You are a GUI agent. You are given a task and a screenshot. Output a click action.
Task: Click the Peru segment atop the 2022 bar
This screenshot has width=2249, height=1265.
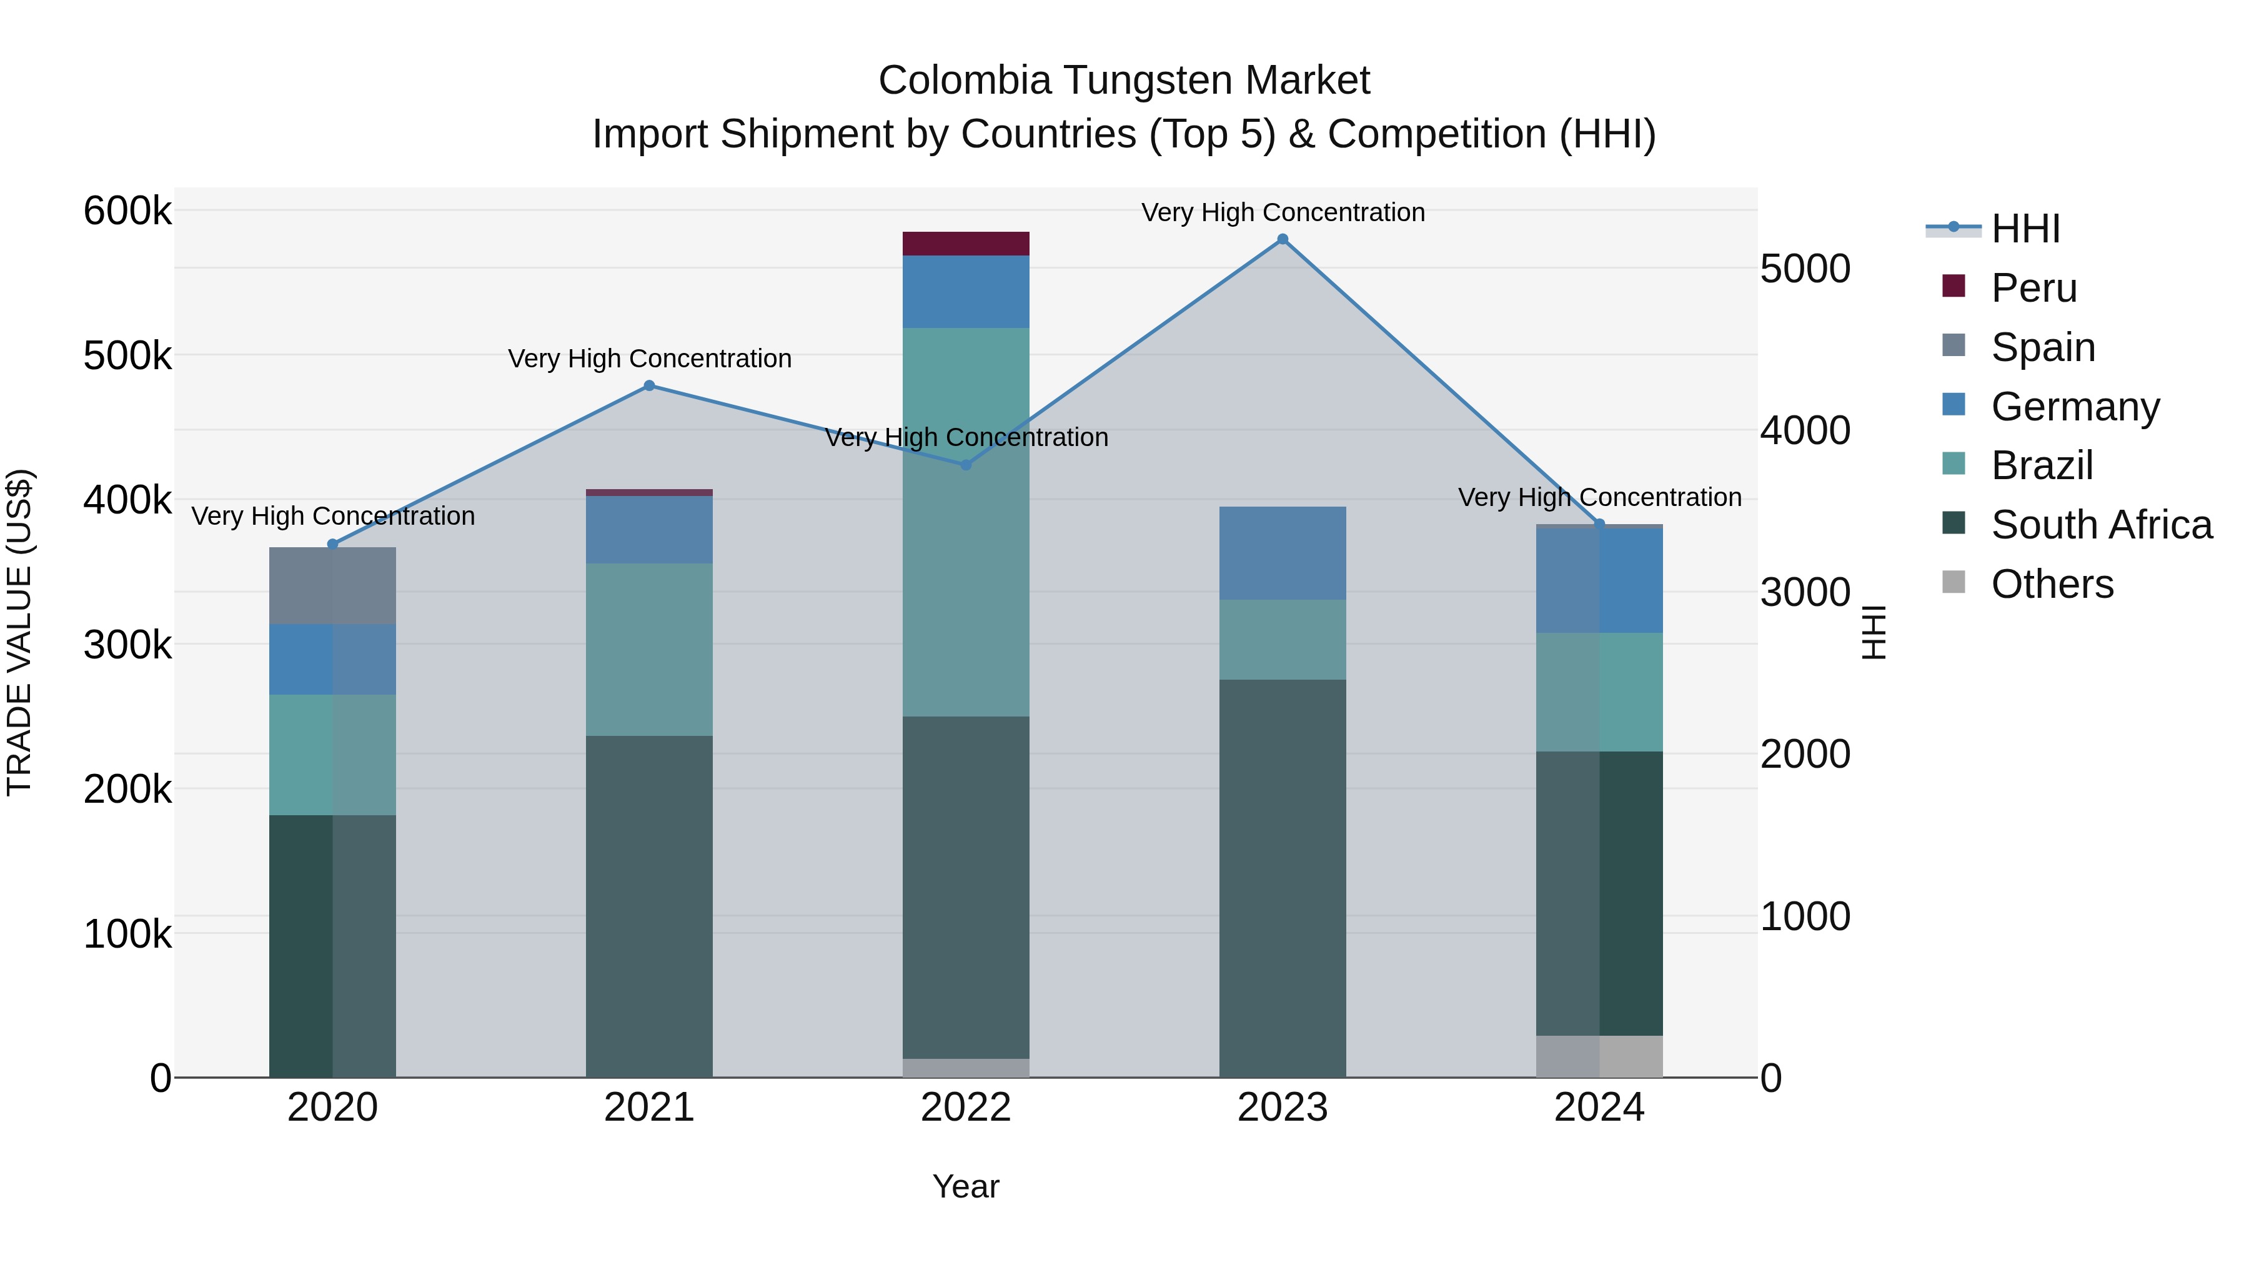click(966, 244)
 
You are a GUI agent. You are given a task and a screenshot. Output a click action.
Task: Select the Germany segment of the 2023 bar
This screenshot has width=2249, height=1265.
click(1282, 553)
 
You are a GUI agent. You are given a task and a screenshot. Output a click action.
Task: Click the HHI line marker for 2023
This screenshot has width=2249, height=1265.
click(1283, 239)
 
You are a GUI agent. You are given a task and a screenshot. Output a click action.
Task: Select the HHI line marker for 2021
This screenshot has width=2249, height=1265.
click(648, 385)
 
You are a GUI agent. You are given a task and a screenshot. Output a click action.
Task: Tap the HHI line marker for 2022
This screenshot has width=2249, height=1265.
click(966, 464)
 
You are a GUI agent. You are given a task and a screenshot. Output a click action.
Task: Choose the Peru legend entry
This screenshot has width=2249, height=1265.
click(2033, 288)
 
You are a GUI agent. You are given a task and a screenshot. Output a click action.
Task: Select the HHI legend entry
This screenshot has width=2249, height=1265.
click(2025, 229)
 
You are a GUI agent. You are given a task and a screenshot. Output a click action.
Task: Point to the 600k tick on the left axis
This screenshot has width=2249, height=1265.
click(127, 211)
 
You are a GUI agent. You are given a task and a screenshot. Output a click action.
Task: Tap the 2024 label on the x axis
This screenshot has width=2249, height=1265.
click(1599, 1108)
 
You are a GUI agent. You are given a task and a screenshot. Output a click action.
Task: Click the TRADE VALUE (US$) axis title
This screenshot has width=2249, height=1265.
click(19, 632)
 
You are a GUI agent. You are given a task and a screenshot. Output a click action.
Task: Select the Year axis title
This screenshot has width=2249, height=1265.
click(966, 1186)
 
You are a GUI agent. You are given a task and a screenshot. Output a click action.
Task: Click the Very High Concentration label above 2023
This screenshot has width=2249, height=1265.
click(1283, 212)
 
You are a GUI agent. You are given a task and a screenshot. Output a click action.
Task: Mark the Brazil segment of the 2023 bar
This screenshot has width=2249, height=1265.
click(1282, 639)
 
